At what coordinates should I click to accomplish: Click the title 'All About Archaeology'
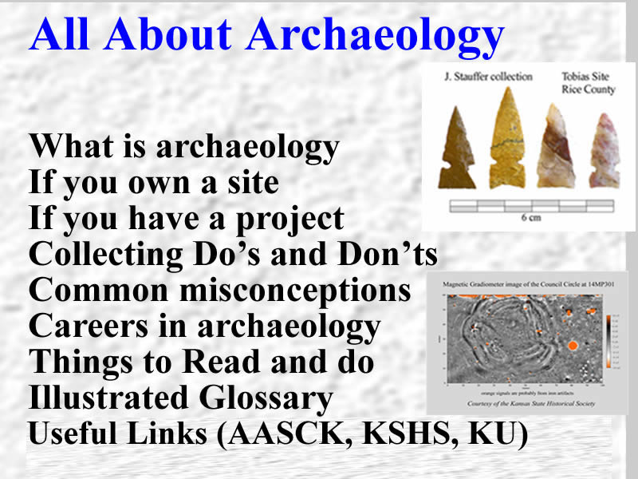(x=266, y=35)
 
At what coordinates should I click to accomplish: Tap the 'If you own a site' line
(x=154, y=184)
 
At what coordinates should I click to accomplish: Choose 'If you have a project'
(x=187, y=219)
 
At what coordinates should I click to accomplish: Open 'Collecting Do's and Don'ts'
(x=233, y=255)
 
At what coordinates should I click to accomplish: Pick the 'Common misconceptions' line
(x=219, y=291)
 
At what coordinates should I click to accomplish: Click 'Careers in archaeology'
(x=204, y=326)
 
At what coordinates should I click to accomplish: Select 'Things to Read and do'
(x=201, y=362)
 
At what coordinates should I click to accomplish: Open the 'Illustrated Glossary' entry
(x=180, y=398)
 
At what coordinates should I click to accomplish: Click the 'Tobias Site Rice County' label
(x=589, y=84)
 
